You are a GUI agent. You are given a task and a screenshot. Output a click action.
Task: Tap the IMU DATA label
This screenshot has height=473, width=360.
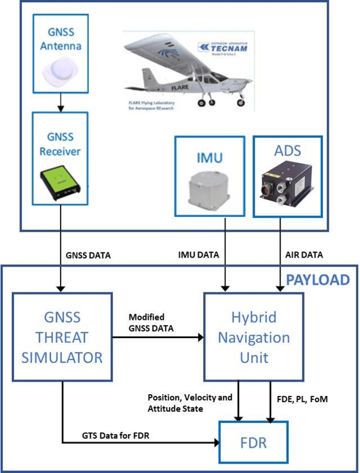pos(199,255)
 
